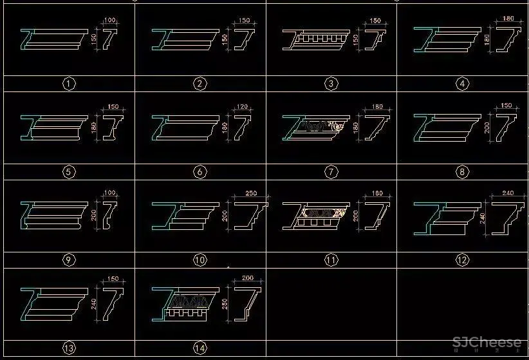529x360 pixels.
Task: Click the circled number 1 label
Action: (69, 84)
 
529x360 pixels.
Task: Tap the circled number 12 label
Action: (461, 260)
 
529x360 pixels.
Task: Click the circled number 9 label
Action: (69, 260)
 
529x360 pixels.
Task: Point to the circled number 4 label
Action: (461, 84)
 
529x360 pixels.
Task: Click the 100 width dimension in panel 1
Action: (110, 21)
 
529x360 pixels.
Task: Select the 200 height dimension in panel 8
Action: (487, 126)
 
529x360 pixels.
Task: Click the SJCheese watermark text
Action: (487, 343)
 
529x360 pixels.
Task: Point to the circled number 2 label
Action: (200, 84)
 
